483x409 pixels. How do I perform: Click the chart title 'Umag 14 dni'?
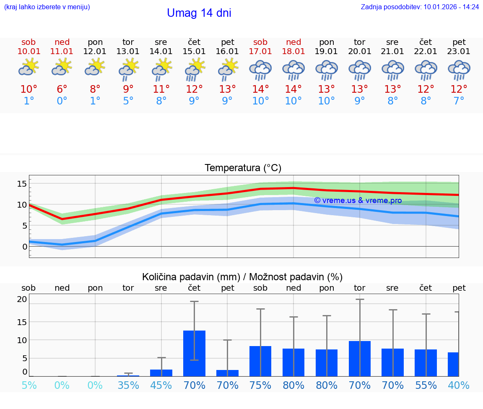point(199,13)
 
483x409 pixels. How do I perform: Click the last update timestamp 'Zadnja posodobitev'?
point(420,7)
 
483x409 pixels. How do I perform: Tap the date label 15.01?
point(194,52)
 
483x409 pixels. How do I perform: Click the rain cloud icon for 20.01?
point(359,70)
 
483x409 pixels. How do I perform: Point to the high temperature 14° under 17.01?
point(260,89)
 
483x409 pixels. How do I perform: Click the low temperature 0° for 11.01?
point(62,101)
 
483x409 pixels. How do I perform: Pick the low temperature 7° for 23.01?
point(459,101)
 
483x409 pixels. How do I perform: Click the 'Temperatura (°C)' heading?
point(243,168)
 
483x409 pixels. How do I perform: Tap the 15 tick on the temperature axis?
point(22,183)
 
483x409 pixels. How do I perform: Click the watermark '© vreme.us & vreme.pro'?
point(358,201)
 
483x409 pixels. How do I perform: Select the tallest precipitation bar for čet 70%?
point(194,353)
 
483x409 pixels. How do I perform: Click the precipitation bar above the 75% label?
point(260,361)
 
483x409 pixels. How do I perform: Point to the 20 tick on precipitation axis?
point(22,299)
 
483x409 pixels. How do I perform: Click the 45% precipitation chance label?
point(161,385)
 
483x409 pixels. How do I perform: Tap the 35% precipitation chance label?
point(128,385)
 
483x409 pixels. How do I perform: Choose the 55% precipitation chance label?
point(426,385)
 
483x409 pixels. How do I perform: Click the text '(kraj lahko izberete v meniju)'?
point(47,7)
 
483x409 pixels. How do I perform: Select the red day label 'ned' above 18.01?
point(293,42)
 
